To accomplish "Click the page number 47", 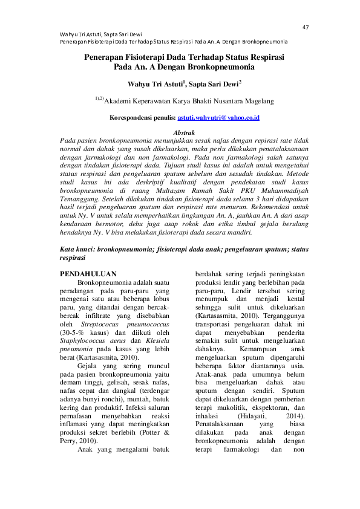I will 306,27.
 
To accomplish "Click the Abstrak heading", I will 184,131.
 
